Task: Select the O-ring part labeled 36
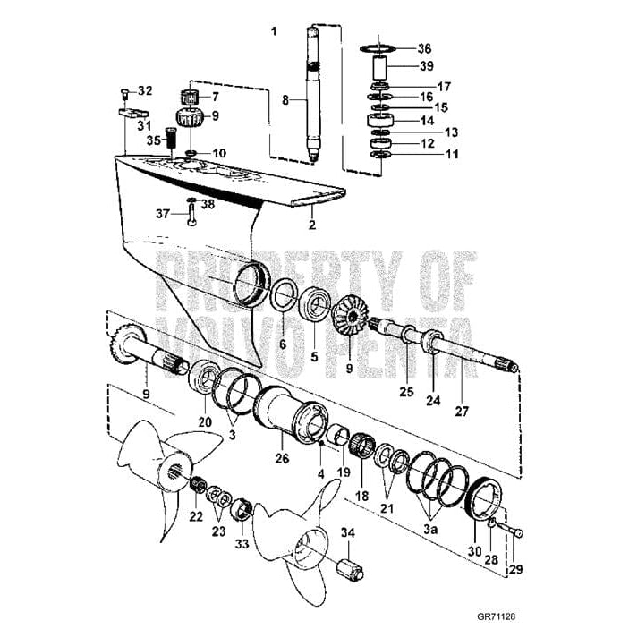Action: coord(380,47)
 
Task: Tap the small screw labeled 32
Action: coord(124,93)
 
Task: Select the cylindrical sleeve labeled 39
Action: coord(380,68)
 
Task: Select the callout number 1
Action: coord(274,30)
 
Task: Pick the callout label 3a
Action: coord(430,529)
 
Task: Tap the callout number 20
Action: coord(205,422)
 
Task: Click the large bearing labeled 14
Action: coord(380,119)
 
